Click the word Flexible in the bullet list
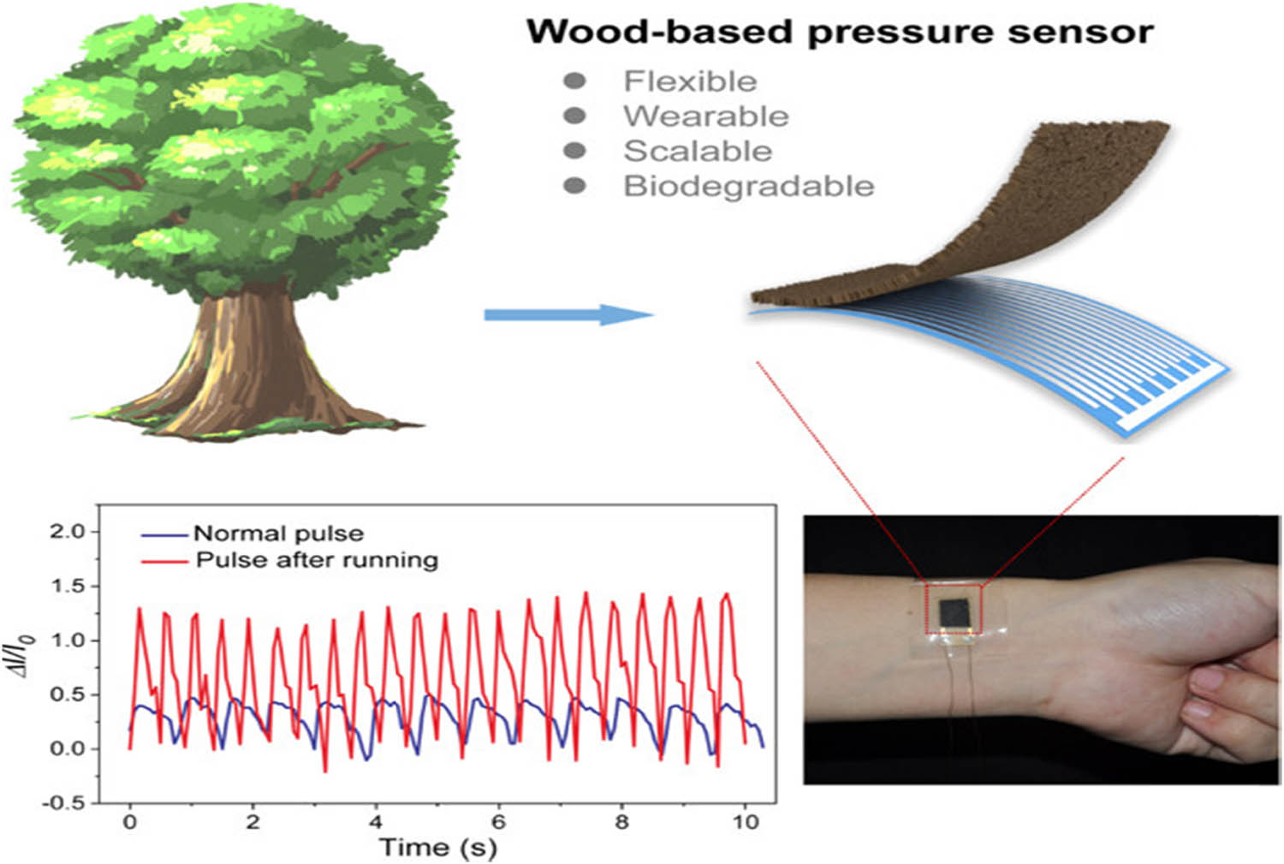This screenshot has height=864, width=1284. (x=690, y=81)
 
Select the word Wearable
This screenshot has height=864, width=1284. (x=705, y=116)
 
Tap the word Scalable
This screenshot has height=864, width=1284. (x=698, y=152)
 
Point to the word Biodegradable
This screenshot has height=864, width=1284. (x=748, y=186)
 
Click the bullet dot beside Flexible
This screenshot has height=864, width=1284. (x=575, y=81)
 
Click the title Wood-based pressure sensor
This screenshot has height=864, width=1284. (x=839, y=33)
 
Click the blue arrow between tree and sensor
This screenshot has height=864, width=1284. (x=568, y=315)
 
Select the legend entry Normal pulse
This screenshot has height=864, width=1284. (x=278, y=533)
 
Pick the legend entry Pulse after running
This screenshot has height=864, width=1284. (x=317, y=560)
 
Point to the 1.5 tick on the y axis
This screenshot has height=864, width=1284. (x=69, y=587)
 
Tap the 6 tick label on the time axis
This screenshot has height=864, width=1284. (x=498, y=822)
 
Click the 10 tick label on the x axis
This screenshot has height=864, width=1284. (x=746, y=822)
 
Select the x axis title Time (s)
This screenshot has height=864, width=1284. (x=437, y=848)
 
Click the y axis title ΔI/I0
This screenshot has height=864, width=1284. (x=27, y=668)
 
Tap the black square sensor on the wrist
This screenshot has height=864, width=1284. (x=953, y=613)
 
